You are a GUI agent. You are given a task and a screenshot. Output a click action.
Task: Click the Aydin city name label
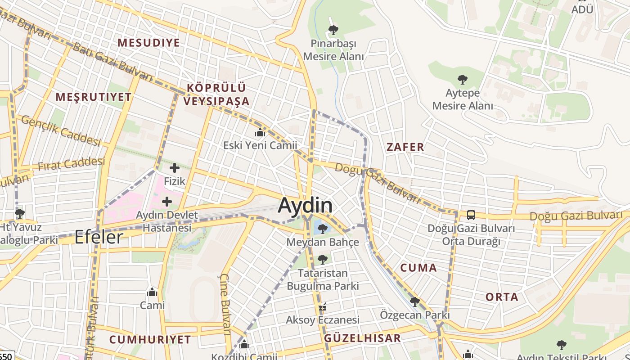[306, 206]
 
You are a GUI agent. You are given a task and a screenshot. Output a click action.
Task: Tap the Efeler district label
[99, 237]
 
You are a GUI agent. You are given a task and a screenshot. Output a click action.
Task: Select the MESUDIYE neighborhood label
[148, 43]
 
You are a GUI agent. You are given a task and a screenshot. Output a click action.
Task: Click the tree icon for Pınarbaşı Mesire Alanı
[333, 30]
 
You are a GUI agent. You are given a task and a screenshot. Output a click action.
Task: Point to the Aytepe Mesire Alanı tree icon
[462, 80]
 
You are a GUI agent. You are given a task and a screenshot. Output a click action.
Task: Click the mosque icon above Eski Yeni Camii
[260, 132]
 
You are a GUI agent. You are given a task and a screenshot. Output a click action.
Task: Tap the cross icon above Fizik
[175, 168]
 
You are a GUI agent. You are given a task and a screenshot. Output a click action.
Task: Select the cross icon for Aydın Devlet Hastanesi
[167, 202]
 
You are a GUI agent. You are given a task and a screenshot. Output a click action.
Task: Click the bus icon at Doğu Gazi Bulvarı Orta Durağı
[471, 215]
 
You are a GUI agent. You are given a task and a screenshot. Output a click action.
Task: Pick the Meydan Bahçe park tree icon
[322, 229]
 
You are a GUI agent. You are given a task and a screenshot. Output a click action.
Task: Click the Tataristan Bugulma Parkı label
[323, 279]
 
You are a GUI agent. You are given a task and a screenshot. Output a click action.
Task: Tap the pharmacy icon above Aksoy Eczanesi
[322, 307]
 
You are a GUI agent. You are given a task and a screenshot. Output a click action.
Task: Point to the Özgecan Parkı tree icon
[415, 301]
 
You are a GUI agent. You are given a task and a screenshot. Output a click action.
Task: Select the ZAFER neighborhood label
[405, 147]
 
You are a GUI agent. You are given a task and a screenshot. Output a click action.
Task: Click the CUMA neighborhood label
[418, 268]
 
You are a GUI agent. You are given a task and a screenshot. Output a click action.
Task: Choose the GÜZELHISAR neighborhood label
[362, 338]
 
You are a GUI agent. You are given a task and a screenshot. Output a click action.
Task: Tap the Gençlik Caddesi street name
[61, 130]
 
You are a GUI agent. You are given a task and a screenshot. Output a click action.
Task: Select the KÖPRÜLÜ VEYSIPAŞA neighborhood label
[216, 94]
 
